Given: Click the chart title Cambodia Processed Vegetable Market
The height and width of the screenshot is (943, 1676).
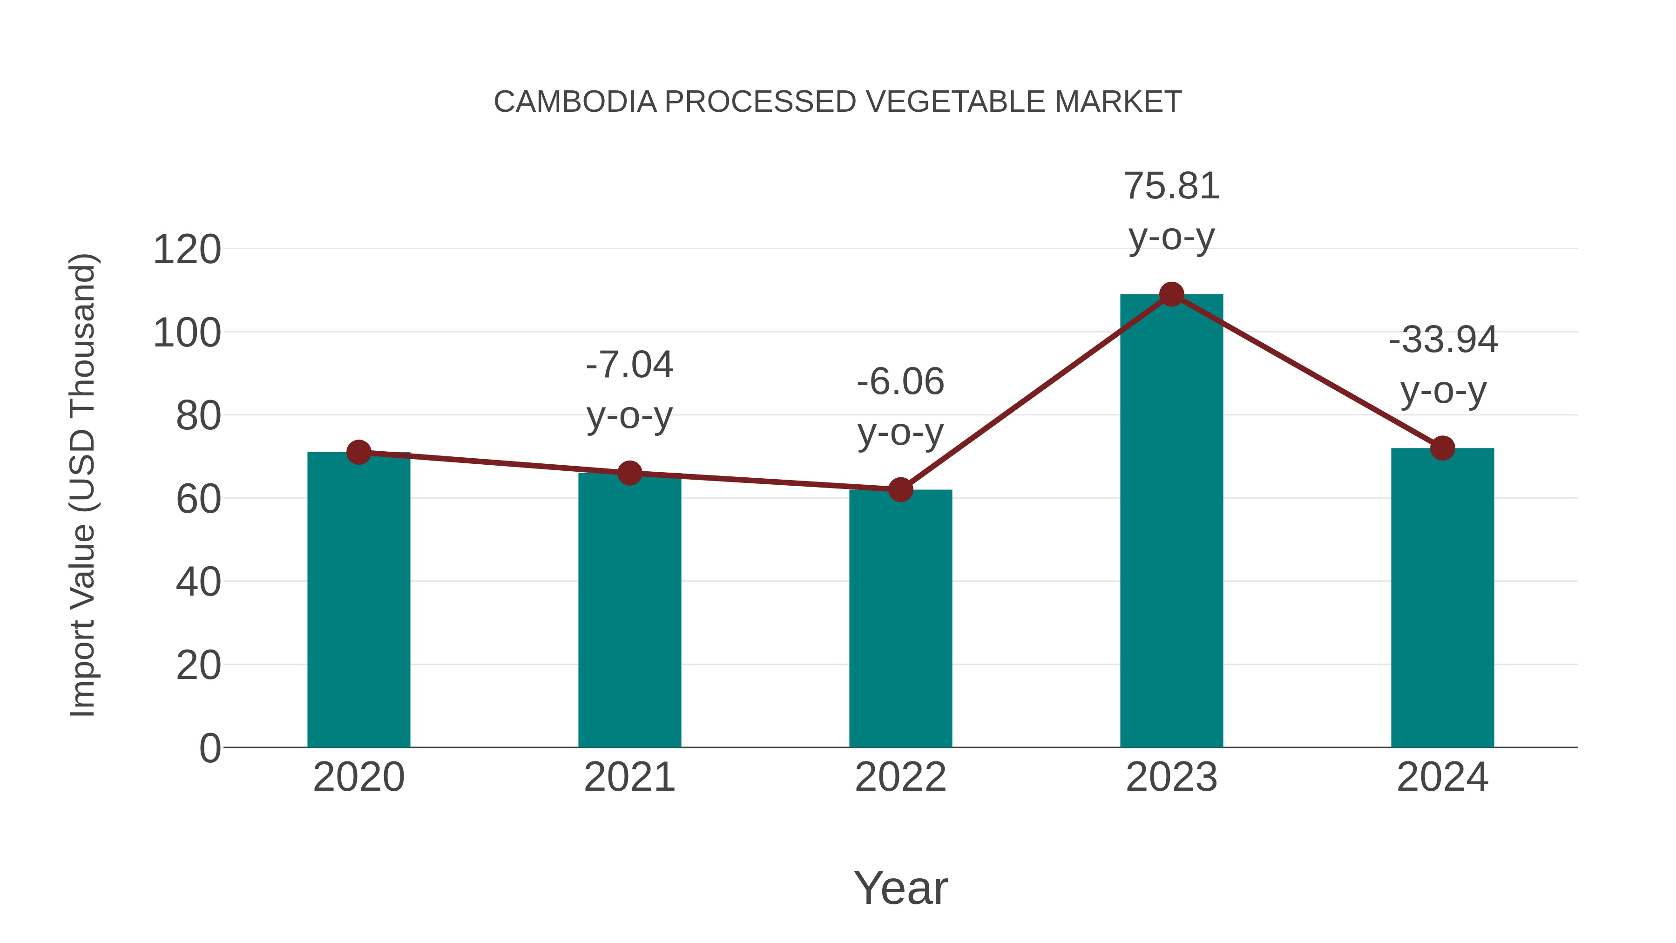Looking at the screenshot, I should [838, 102].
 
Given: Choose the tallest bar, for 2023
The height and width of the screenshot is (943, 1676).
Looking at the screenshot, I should [1171, 521].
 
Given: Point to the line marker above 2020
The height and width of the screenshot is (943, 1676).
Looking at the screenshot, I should [358, 452].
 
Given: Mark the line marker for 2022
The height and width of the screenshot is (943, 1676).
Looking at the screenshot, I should [900, 489].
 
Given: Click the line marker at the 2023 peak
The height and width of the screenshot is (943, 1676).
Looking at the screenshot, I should [1171, 295].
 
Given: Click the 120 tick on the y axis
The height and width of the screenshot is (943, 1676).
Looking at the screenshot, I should [187, 250].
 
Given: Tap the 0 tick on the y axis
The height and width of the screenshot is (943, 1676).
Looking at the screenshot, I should [209, 748].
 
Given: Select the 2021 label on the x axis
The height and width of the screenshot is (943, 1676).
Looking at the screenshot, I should [629, 778].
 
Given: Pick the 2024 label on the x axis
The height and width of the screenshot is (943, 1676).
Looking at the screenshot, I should [1442, 778].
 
